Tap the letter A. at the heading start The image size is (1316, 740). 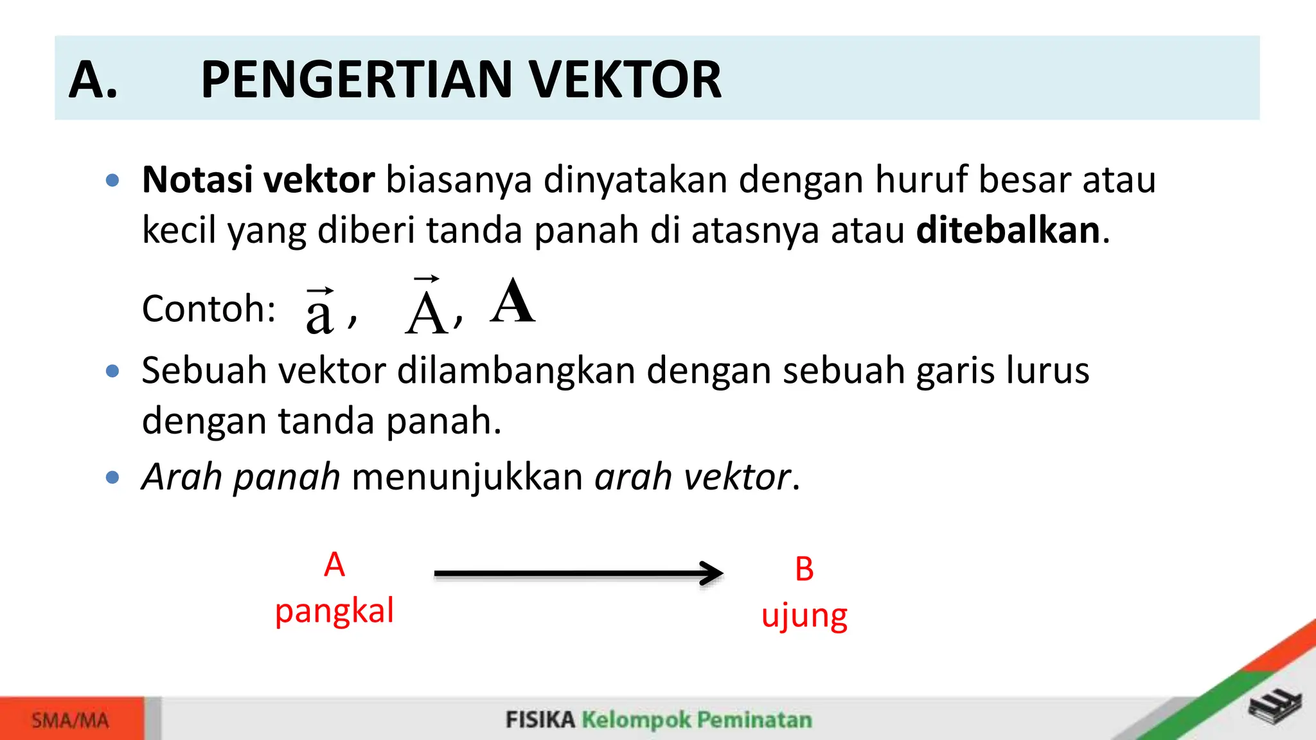coord(94,80)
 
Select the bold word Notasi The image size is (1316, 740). coord(197,179)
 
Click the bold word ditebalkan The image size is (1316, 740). coord(1008,230)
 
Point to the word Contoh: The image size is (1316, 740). coord(209,309)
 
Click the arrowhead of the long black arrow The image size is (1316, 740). coord(712,573)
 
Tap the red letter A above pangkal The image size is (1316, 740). coord(334,565)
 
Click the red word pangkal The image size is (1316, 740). coord(334,610)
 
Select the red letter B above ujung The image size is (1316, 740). coord(804,569)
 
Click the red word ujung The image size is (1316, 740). coord(804,615)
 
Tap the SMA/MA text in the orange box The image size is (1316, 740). coord(70,720)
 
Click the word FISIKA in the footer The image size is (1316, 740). coord(540,719)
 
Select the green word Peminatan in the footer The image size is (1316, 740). coord(754,719)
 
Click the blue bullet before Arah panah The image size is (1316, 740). coord(112,477)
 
